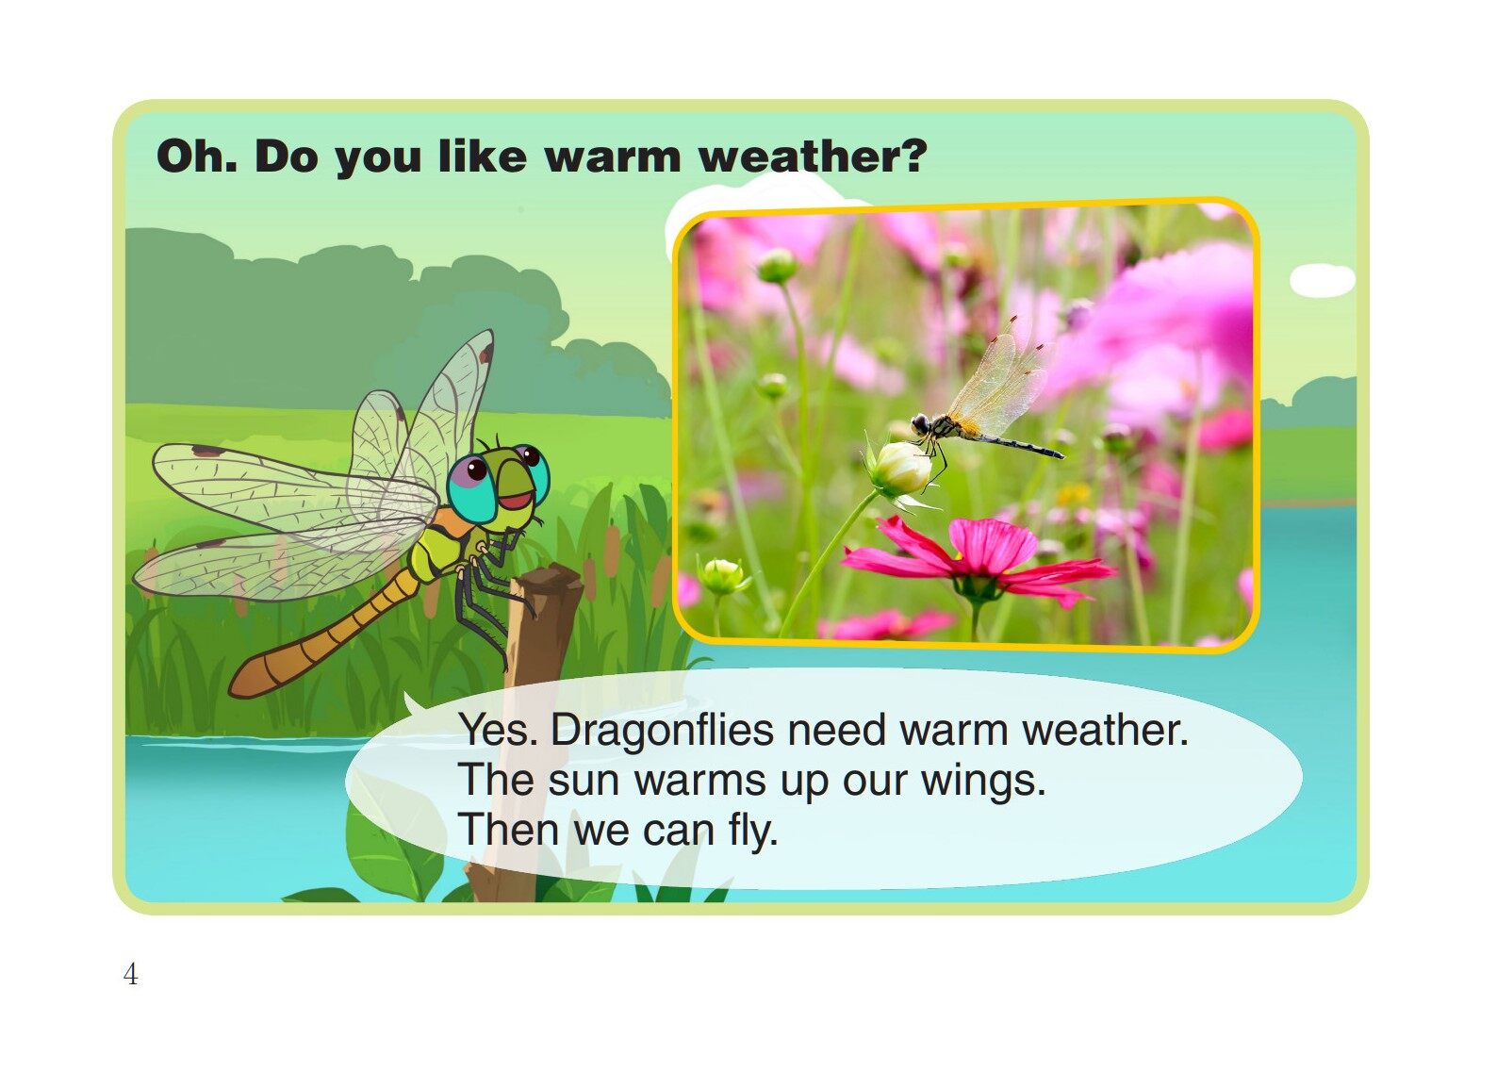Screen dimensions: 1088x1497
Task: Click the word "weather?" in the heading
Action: click(x=813, y=157)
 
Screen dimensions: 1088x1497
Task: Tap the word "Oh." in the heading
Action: click(x=196, y=156)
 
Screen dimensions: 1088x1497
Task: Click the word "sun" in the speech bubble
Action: click(x=584, y=781)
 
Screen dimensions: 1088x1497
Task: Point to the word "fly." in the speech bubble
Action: click(x=752, y=831)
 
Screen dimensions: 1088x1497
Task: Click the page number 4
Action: click(x=130, y=974)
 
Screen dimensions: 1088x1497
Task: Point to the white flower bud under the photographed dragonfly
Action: click(x=901, y=469)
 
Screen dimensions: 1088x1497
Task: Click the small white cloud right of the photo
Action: click(x=1322, y=280)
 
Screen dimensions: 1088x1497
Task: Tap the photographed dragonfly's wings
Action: click(x=999, y=377)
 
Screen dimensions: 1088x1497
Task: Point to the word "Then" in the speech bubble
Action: click(x=509, y=831)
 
